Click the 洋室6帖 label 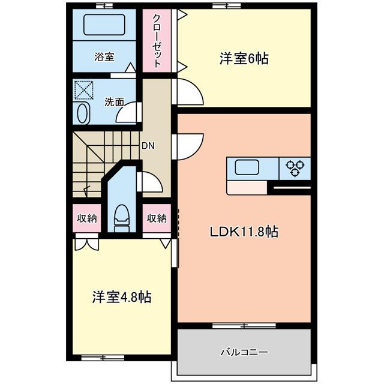(x=243, y=58)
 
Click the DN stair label (x=148, y=145)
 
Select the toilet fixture (x=122, y=218)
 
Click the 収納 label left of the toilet (x=86, y=218)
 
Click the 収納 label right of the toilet (x=157, y=218)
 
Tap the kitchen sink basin (x=247, y=167)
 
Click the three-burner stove (x=295, y=168)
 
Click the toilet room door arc (x=150, y=181)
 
